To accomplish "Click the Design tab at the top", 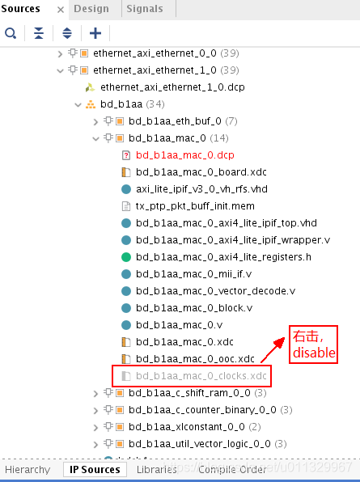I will pyautogui.click(x=91, y=9).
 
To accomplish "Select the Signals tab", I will pyautogui.click(x=145, y=9).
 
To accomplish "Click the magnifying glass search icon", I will pyautogui.click(x=11, y=33).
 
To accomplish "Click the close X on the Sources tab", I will pyautogui.click(x=59, y=10).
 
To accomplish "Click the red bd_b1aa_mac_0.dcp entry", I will pyautogui.click(x=185, y=154).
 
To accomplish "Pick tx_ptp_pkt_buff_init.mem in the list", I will pyautogui.click(x=195, y=205).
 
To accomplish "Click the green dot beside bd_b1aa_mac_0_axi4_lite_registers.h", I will pyautogui.click(x=126, y=256).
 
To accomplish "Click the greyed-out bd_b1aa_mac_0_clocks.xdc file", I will pyautogui.click(x=201, y=375).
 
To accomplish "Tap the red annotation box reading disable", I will pyautogui.click(x=313, y=345).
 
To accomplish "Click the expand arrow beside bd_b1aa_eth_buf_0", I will pyautogui.click(x=97, y=121).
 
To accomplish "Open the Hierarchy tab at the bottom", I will pyautogui.click(x=31, y=469).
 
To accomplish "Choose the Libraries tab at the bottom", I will pyautogui.click(x=157, y=469).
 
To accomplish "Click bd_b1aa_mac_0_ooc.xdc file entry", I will pyautogui.click(x=195, y=358).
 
